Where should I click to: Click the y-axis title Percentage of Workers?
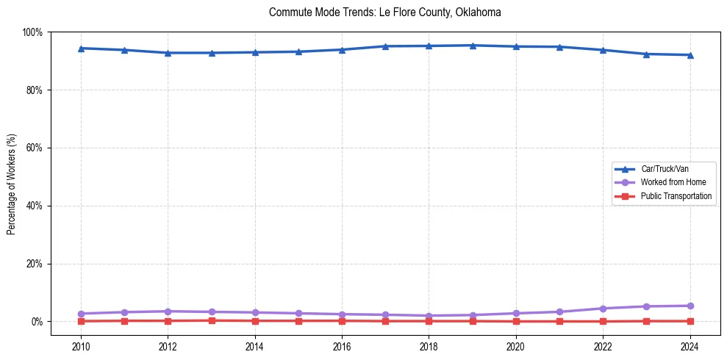coord(12,184)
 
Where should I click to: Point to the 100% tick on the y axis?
coord(32,32)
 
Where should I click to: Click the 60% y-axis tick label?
coord(34,148)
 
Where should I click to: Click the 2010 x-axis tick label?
coord(81,346)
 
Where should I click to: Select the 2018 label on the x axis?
coord(429,346)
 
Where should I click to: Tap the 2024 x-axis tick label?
coord(690,346)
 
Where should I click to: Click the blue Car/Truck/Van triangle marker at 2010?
coord(81,48)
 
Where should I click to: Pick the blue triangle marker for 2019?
coord(473,46)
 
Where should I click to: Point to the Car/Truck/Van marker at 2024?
coord(690,55)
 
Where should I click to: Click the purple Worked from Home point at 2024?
coord(690,306)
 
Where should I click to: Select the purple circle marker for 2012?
coord(168,312)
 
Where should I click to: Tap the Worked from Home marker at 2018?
coord(429,316)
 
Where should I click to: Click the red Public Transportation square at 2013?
coord(212,320)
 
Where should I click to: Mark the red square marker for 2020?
coord(516,321)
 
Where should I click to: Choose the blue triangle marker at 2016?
coord(342,50)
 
